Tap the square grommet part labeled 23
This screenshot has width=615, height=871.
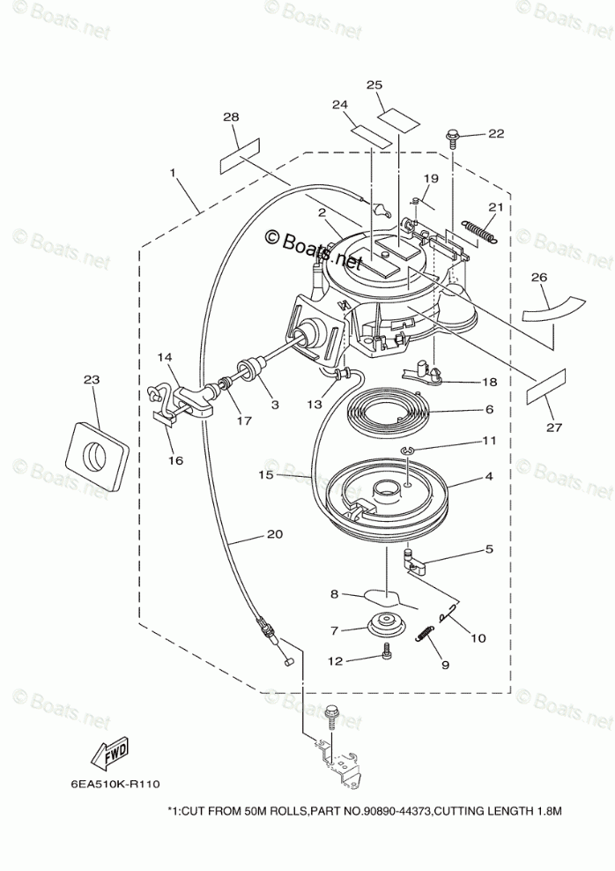click(96, 454)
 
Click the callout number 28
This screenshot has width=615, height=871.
click(231, 117)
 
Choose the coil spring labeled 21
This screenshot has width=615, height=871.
click(477, 228)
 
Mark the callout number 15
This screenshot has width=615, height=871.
click(267, 475)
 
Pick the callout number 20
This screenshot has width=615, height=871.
click(275, 533)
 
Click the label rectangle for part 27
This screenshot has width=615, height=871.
click(545, 387)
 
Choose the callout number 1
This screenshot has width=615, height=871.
click(174, 170)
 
